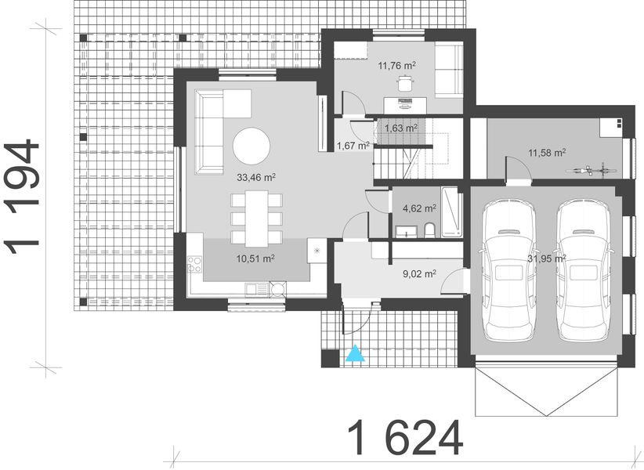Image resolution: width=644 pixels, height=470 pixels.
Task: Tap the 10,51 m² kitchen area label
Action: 256,258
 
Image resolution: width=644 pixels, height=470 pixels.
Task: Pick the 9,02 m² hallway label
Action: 419,274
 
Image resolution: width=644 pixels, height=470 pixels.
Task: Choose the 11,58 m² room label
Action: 547,152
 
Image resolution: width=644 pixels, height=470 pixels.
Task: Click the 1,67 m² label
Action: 353,145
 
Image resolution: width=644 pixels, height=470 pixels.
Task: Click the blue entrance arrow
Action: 356,353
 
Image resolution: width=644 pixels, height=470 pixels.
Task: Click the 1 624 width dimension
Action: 404,438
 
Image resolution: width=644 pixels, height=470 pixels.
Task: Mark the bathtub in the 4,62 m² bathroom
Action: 452,211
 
